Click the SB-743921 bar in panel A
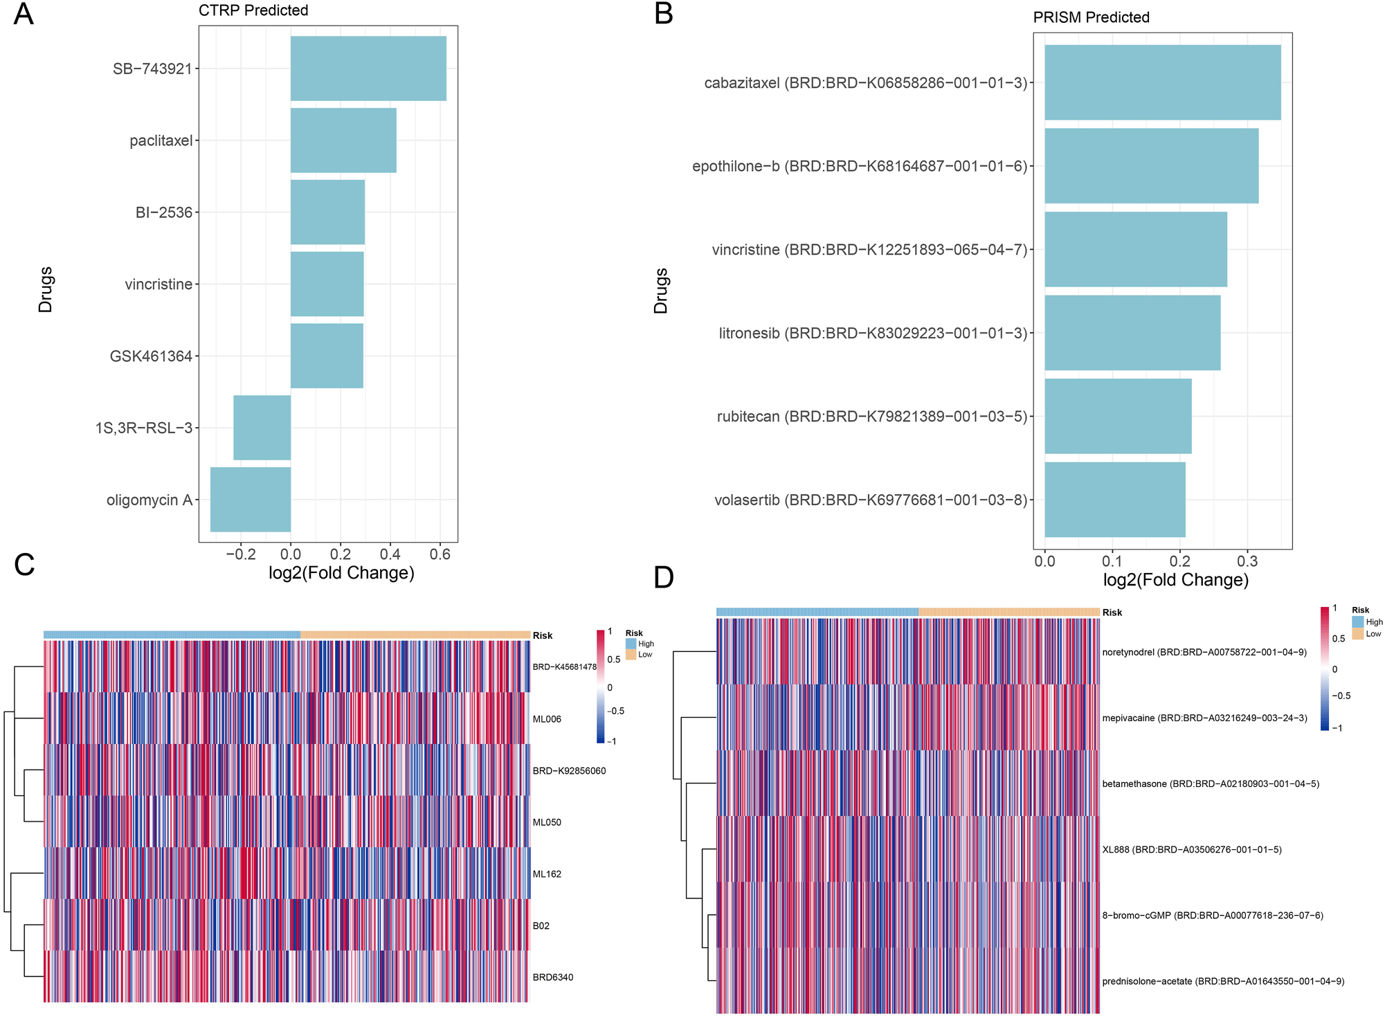[x=368, y=69]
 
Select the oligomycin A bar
[x=251, y=500]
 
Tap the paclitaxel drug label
[x=161, y=140]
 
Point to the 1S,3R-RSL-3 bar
[x=262, y=428]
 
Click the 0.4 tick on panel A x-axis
[x=390, y=554]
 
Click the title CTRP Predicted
[x=253, y=10]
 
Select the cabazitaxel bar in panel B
[x=1162, y=83]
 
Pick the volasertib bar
[x=1114, y=500]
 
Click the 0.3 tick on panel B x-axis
[x=1247, y=561]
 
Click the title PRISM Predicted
[x=1091, y=17]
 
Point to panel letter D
[x=663, y=577]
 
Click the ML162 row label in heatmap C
[x=547, y=874]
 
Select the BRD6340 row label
[x=552, y=977]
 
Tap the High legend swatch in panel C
[x=631, y=644]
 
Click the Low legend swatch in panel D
[x=1357, y=634]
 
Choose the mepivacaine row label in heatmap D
[x=1204, y=718]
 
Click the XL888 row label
[x=1191, y=850]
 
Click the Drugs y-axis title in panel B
[x=661, y=291]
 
